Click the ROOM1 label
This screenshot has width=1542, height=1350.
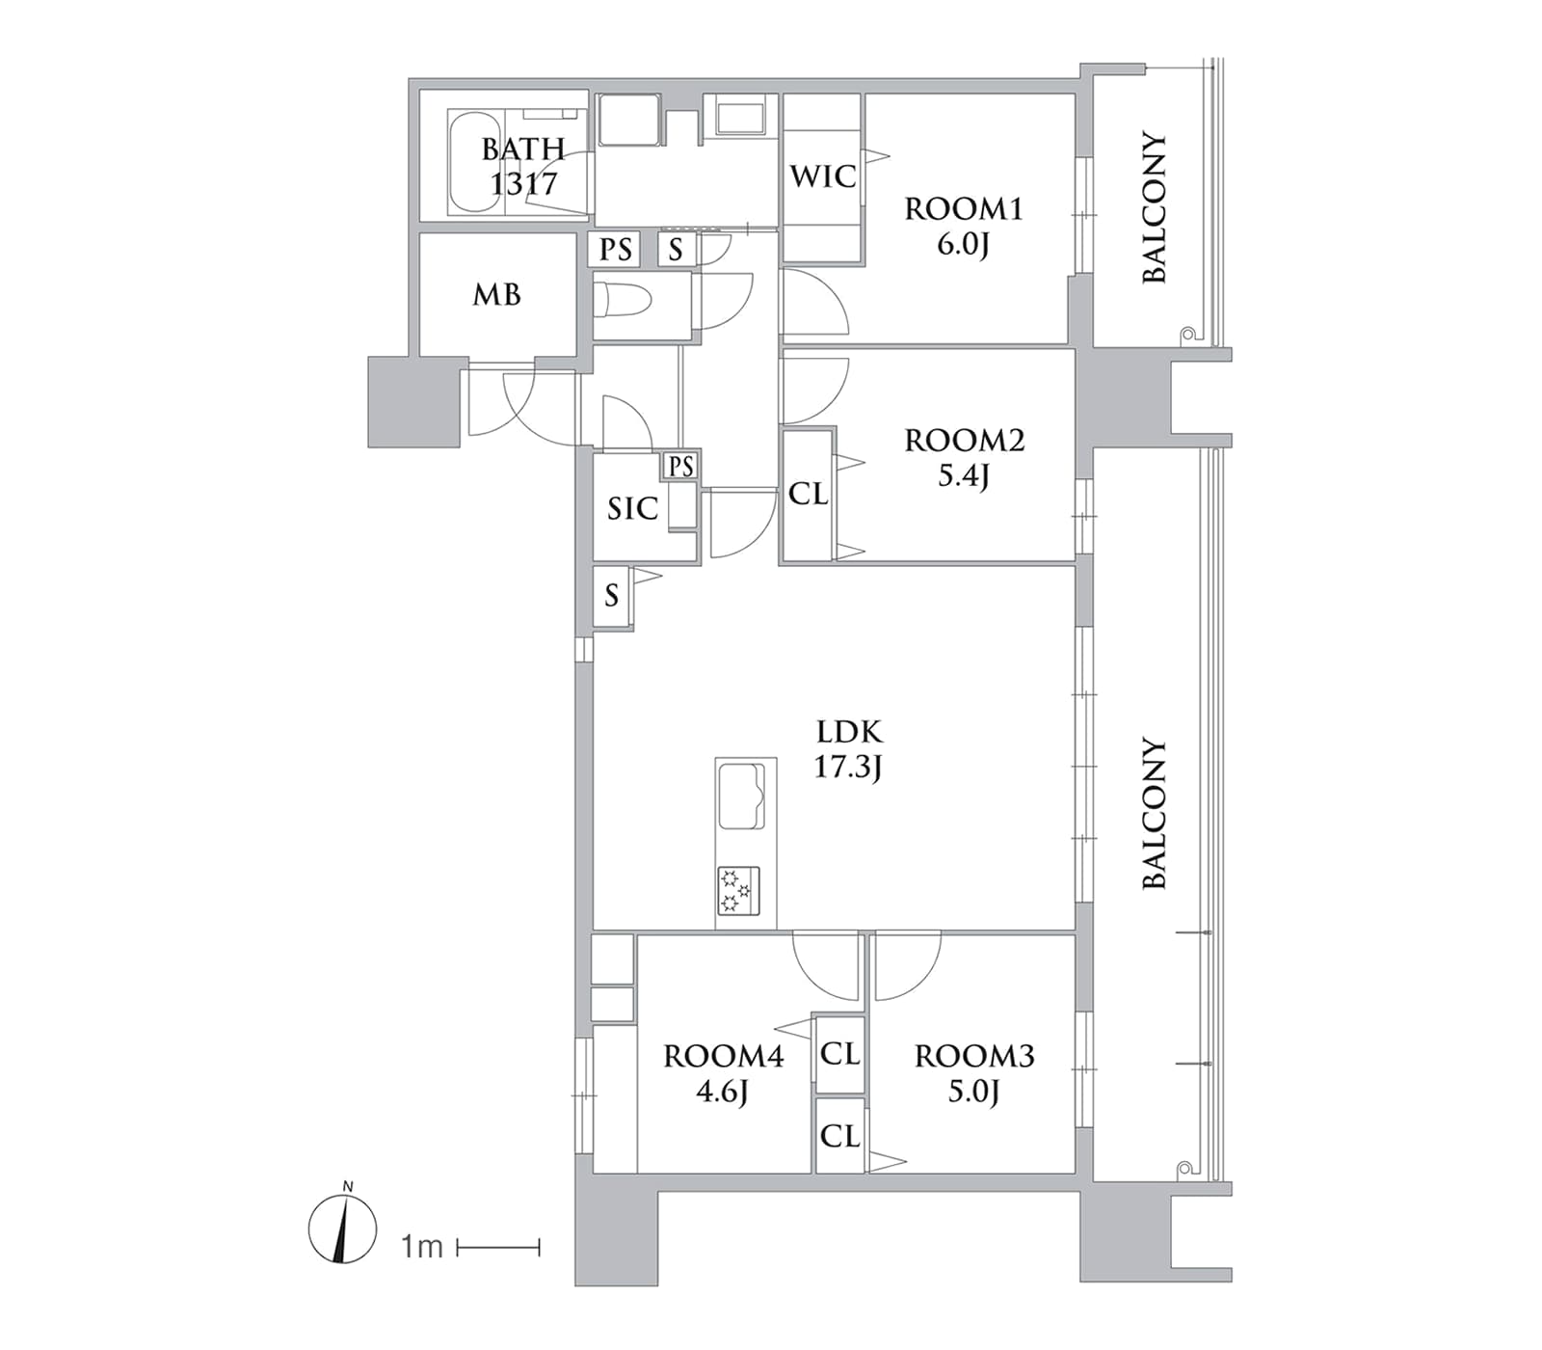click(963, 208)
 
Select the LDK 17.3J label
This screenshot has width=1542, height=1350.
click(848, 748)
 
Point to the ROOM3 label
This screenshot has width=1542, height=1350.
click(974, 1056)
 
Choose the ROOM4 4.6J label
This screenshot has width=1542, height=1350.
click(723, 1073)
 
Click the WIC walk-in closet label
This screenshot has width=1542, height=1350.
click(822, 176)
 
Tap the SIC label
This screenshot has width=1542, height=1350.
click(632, 508)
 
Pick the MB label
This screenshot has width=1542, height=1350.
click(496, 294)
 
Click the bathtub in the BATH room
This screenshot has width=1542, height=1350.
click(474, 161)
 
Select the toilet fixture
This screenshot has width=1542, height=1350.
click(626, 300)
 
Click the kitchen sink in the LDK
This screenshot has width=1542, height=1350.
click(742, 796)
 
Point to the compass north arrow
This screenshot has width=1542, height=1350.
click(342, 1229)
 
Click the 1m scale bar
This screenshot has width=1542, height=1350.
click(498, 1248)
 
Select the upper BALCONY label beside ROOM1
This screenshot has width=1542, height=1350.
click(1154, 207)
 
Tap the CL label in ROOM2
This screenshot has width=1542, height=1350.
click(808, 494)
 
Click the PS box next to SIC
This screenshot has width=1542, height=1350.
click(680, 467)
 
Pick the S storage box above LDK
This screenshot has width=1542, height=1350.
click(612, 596)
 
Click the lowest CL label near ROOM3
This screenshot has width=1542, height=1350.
click(839, 1136)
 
